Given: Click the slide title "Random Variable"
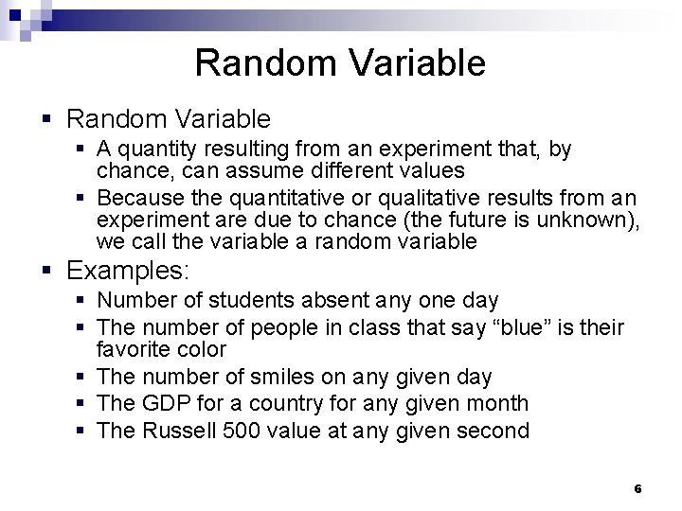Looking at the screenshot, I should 340,62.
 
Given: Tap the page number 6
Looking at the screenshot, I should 637,489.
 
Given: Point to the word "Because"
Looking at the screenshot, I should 133,199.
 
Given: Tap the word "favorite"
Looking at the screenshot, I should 132,348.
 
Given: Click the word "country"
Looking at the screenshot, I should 305,403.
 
